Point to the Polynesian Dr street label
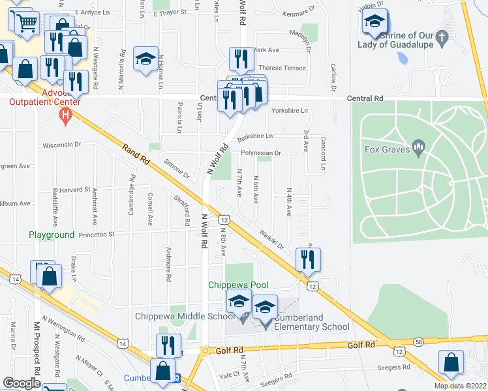[x=260, y=153]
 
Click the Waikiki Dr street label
[x=271, y=237]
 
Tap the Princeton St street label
[x=97, y=234]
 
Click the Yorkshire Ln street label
[x=290, y=111]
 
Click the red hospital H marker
[x=64, y=117]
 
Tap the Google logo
[x=22, y=383]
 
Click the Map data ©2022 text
[x=461, y=386]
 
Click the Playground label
[x=52, y=235]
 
